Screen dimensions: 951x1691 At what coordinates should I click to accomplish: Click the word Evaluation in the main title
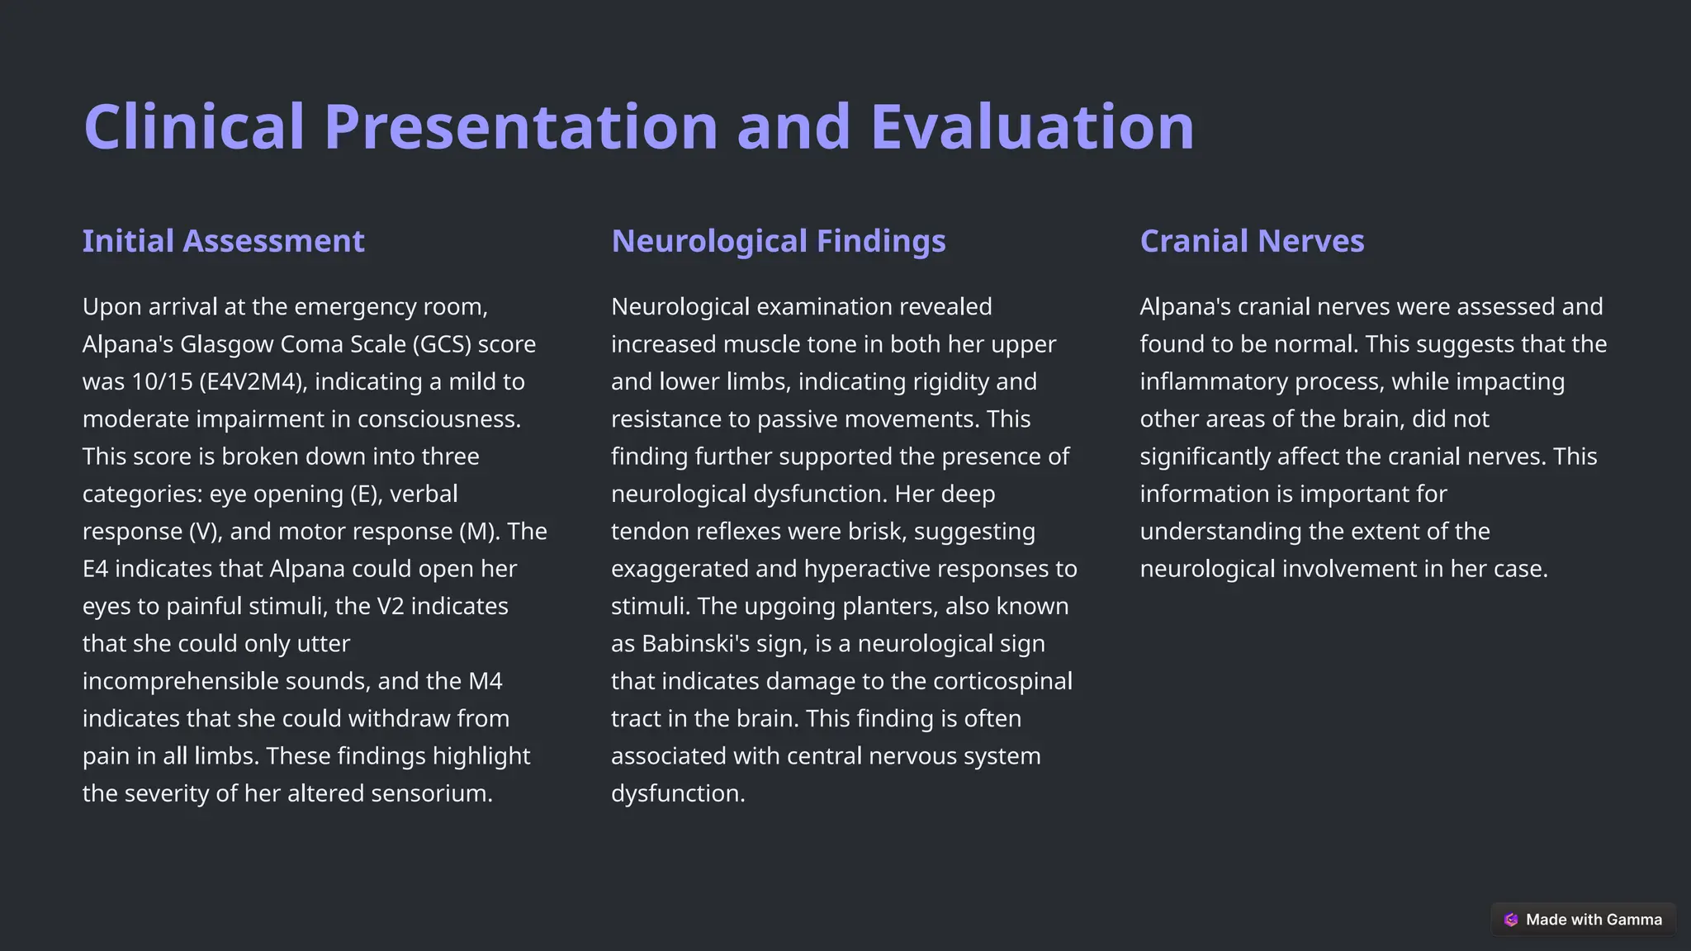pos(1032,127)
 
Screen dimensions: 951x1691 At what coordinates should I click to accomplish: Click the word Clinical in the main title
pos(195,127)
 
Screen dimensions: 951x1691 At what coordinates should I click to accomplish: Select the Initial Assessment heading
pos(223,241)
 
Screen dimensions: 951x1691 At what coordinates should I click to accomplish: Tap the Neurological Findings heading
pos(778,241)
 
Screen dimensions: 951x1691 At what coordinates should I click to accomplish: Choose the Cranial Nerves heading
pos(1252,241)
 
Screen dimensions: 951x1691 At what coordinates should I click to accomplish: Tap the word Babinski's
pos(695,644)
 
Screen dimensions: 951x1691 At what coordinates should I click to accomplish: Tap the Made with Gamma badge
pos(1583,920)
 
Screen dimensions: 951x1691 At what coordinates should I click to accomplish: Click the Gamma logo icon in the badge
pos(1511,920)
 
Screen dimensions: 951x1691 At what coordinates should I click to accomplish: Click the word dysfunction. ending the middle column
pos(677,793)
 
